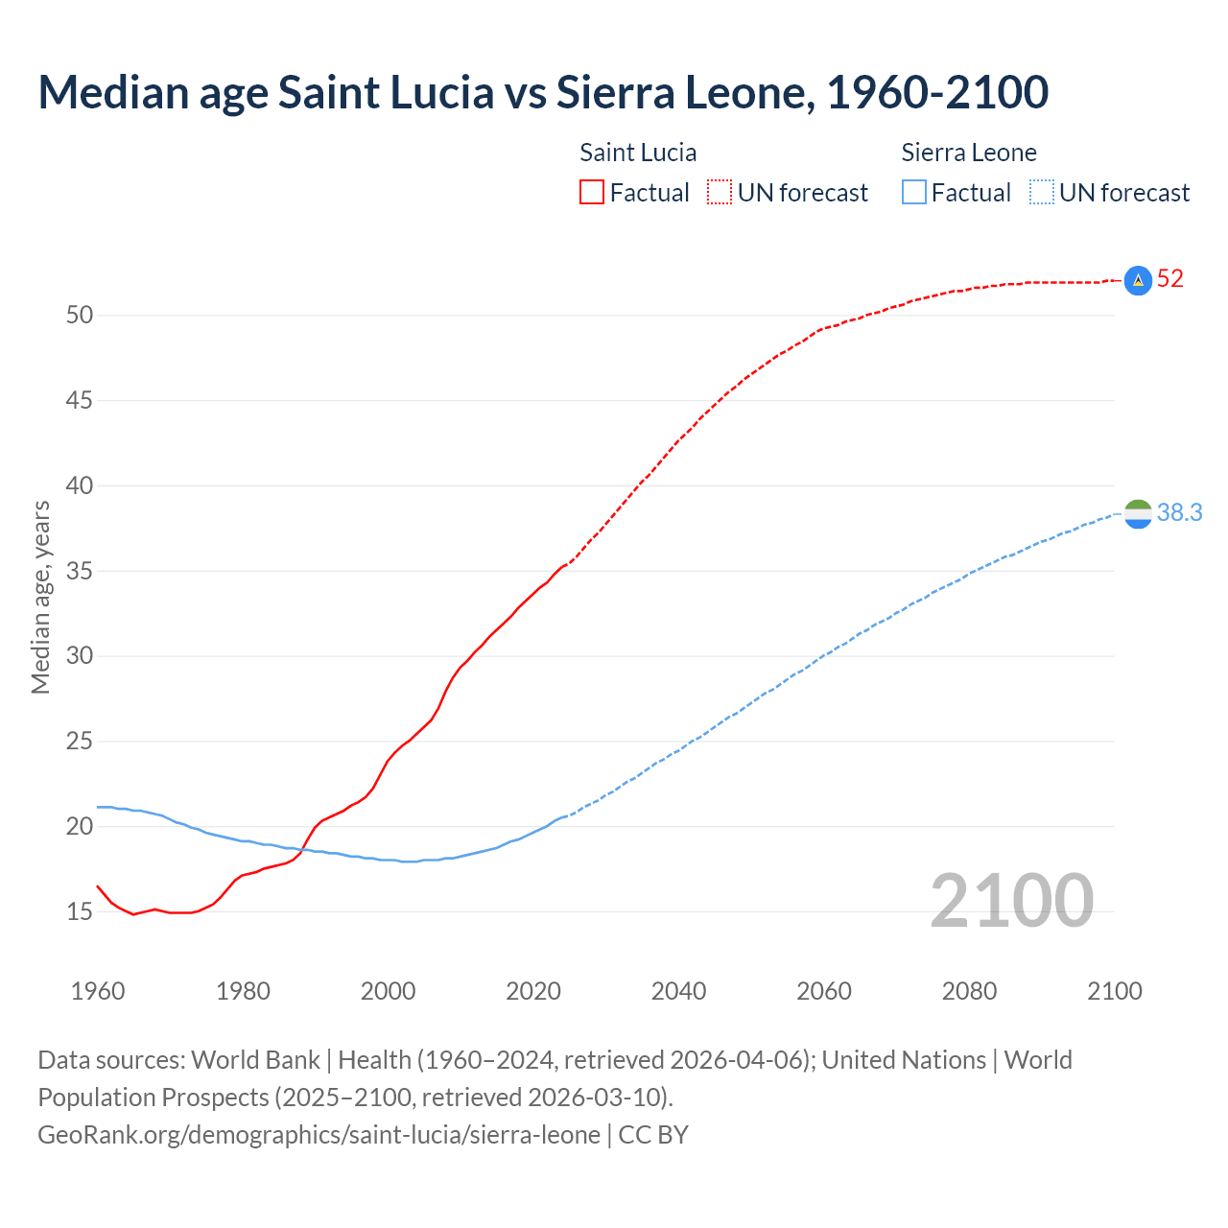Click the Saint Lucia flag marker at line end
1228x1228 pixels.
[x=1138, y=280]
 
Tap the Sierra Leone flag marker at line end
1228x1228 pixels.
[x=1138, y=514]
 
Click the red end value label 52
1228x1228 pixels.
[x=1170, y=279]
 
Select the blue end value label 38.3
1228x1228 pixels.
[x=1179, y=513]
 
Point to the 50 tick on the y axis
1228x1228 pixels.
[x=80, y=315]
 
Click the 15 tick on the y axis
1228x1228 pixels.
[x=80, y=911]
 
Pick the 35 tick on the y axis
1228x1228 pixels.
[x=80, y=571]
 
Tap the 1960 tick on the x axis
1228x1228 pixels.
[x=98, y=991]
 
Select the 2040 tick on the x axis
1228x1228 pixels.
[x=678, y=991]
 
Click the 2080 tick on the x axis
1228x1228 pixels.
[x=969, y=991]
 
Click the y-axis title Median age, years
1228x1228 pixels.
[x=40, y=597]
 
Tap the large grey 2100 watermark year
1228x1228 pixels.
[x=1011, y=900]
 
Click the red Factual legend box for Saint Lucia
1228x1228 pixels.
[x=592, y=193]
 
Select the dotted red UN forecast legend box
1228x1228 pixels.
[x=720, y=193]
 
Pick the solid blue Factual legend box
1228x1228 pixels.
[x=914, y=193]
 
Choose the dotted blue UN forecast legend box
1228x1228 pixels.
[x=1041, y=193]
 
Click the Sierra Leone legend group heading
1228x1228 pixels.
[x=969, y=153]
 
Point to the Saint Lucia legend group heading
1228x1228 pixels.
[x=638, y=153]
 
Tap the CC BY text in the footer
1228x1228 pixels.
[x=653, y=1135]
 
